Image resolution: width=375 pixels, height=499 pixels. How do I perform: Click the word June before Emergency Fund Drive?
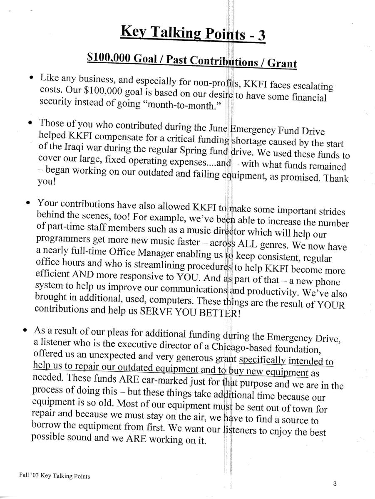[x=218, y=126]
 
